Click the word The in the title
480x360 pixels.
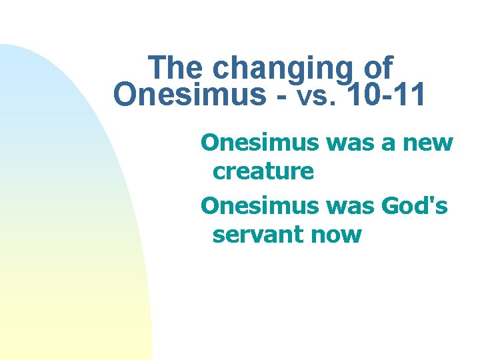click(x=177, y=68)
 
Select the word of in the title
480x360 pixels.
click(x=379, y=68)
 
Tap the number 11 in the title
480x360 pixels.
click(x=407, y=95)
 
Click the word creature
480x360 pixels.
click(x=263, y=171)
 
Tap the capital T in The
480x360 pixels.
click(x=157, y=68)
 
